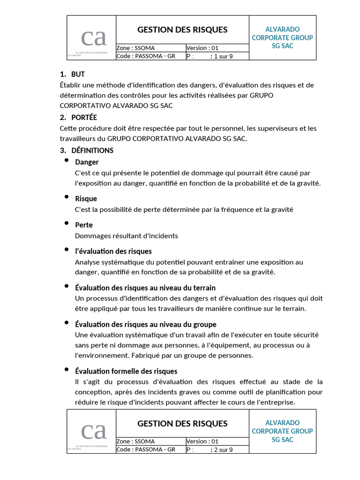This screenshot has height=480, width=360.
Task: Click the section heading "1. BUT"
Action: (x=72, y=75)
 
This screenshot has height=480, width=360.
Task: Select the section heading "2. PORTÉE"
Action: (x=78, y=117)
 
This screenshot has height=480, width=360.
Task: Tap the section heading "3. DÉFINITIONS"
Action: (x=87, y=150)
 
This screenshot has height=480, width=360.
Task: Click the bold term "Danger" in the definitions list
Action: (x=87, y=162)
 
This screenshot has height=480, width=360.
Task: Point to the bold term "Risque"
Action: (x=86, y=199)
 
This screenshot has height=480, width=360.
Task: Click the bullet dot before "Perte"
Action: (x=67, y=224)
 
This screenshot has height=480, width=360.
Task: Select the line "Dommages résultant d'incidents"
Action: (x=126, y=236)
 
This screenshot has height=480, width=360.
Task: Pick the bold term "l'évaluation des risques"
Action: (x=113, y=251)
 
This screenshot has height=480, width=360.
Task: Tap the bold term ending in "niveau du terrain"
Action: (x=145, y=288)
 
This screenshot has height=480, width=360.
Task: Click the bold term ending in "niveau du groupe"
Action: (x=145, y=324)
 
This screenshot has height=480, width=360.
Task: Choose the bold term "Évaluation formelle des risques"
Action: (x=126, y=371)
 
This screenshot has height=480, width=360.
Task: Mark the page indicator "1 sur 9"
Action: (x=223, y=56)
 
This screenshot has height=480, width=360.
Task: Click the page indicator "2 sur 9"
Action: (x=223, y=450)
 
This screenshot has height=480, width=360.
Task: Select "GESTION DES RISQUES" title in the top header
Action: (x=182, y=30)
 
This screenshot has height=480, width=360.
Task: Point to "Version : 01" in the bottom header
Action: (x=202, y=442)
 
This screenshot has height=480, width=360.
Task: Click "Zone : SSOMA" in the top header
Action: (x=135, y=48)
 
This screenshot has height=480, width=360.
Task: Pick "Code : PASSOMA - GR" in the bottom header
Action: (x=146, y=450)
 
